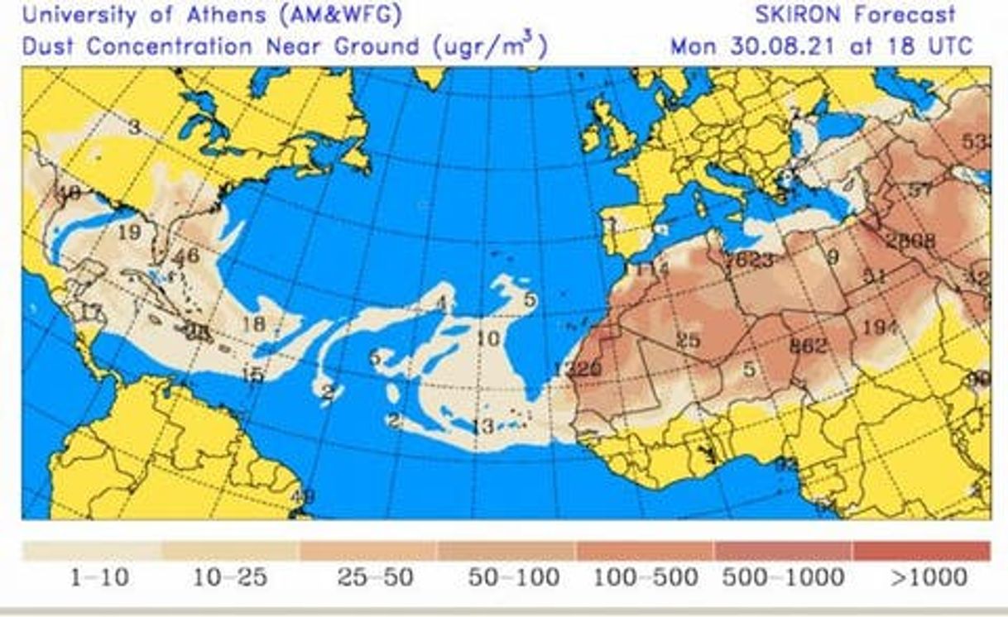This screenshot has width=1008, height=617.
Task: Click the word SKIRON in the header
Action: click(x=798, y=14)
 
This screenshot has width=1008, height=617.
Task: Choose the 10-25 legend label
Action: click(x=231, y=577)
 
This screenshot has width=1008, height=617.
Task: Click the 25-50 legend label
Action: click(x=375, y=577)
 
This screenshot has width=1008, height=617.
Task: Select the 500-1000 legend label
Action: click(x=783, y=577)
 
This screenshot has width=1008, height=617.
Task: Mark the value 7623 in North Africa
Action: click(x=749, y=261)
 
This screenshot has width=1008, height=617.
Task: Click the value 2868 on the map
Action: click(x=910, y=242)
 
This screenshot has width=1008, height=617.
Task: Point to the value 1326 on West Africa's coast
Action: click(x=577, y=370)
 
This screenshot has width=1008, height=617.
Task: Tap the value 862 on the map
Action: click(x=808, y=347)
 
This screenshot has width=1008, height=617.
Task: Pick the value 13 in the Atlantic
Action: click(x=482, y=427)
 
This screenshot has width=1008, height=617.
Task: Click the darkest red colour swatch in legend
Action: click(x=920, y=551)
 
